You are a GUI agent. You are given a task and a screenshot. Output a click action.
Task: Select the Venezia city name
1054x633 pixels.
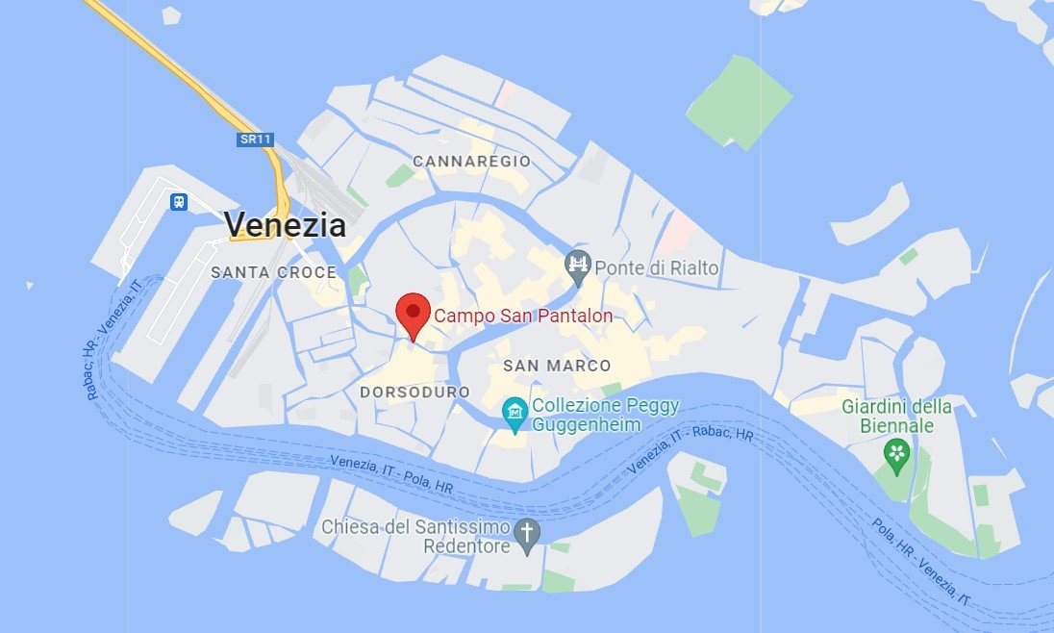coord(285,225)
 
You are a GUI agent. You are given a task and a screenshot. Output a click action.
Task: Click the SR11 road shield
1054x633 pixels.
coord(256,139)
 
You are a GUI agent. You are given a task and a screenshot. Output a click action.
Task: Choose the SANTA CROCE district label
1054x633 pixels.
coord(274,272)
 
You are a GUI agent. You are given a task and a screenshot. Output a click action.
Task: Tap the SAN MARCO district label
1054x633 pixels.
coord(557,366)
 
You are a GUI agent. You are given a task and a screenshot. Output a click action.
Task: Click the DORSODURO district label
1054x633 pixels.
coord(415,392)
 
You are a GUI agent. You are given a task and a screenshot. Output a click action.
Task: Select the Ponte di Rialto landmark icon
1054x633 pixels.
coord(578,266)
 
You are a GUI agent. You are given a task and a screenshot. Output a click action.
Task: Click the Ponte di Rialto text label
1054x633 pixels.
coord(657,267)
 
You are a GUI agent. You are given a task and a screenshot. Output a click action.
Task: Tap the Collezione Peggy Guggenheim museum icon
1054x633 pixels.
coord(516,415)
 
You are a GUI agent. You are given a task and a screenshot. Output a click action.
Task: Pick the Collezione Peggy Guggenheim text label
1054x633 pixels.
coord(606,415)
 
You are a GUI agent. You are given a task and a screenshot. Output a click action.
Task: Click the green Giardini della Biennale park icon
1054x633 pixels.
coord(897,452)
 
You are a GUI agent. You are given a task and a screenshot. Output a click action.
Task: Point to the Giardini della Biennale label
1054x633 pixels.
coord(897,416)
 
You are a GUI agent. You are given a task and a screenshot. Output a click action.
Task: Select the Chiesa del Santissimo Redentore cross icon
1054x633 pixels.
coord(526,532)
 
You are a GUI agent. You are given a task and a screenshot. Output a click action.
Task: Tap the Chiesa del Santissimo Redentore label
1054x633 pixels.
coord(417,537)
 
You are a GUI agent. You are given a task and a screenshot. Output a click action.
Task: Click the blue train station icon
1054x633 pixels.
coord(179,202)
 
